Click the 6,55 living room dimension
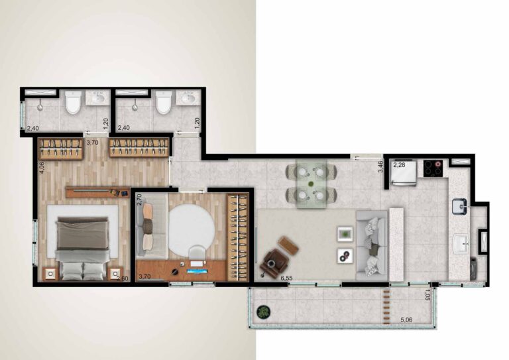[x=286, y=278]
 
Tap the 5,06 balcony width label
[x=406, y=320]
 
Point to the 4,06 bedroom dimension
[x=42, y=168]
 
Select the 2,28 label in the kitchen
[x=399, y=165]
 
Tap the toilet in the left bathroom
[x=73, y=102]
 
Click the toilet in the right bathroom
[x=164, y=102]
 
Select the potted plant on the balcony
[x=264, y=312]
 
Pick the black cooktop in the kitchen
[x=433, y=168]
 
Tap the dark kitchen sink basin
[x=459, y=206]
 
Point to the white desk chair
[x=197, y=253]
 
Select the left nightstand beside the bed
[x=50, y=274]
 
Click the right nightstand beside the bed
[x=115, y=274]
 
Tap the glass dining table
[x=311, y=184]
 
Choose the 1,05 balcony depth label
[x=428, y=295]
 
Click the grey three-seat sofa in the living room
[x=372, y=246]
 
